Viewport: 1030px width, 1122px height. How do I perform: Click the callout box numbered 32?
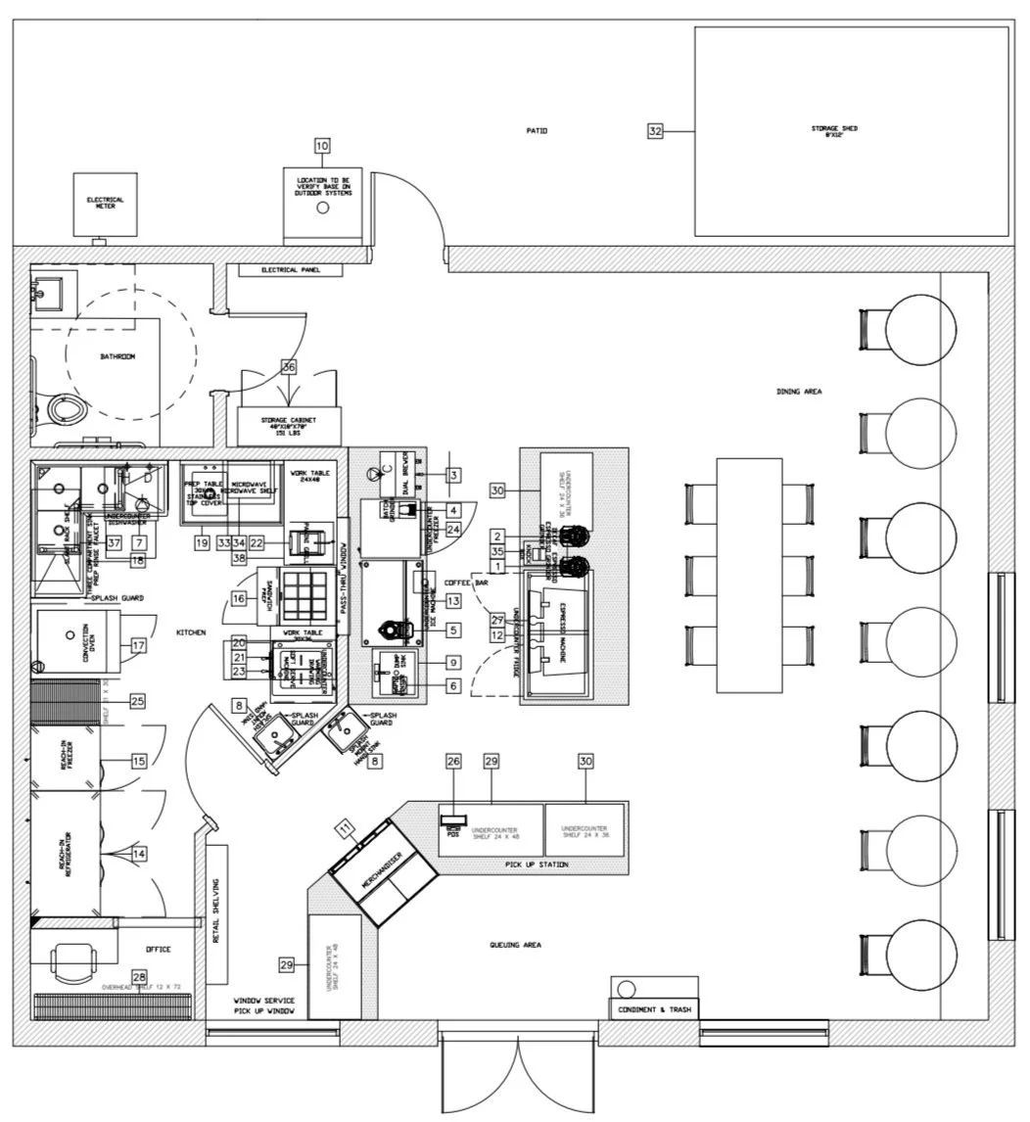pos(656,130)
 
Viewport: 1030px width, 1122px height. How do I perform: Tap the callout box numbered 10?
pos(322,146)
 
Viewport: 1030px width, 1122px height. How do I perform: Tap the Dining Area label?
pos(799,392)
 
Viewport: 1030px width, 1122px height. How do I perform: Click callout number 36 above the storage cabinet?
pos(289,367)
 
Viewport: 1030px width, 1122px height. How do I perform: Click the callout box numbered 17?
pos(138,645)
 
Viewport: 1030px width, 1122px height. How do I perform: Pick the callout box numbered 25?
pos(137,701)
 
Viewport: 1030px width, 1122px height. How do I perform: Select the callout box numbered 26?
pos(452,761)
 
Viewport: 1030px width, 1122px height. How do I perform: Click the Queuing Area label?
pos(515,945)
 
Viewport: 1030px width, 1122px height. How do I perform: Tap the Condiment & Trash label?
pos(654,1008)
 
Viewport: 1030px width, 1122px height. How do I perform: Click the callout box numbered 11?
pos(346,829)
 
